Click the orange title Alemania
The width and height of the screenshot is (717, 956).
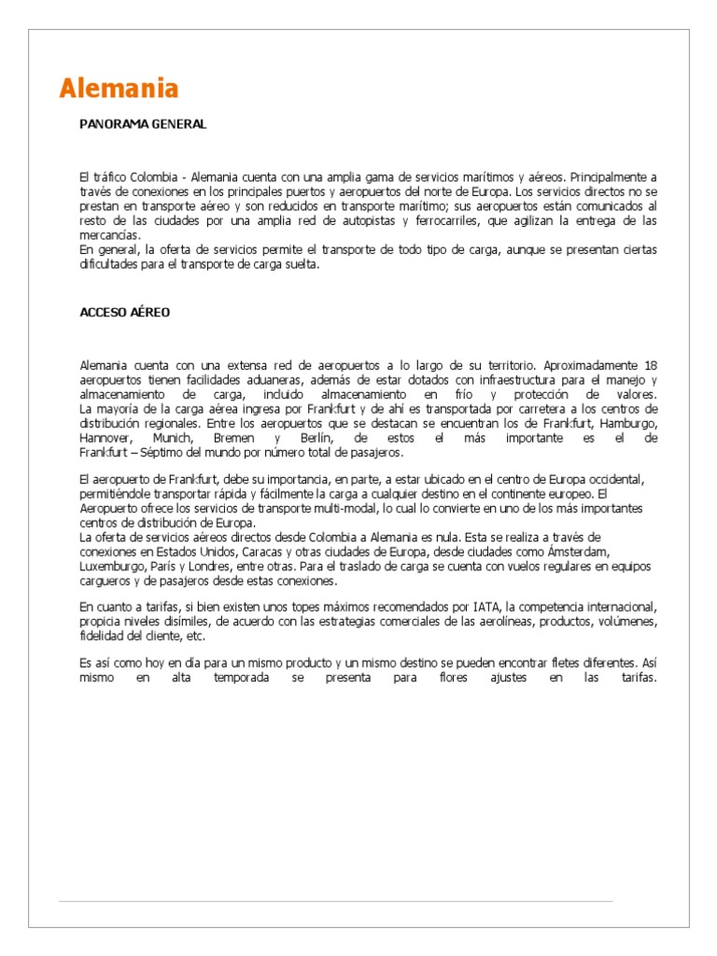[x=118, y=89]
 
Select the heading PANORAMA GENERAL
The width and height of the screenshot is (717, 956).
[x=143, y=123]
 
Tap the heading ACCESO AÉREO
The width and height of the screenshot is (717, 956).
[x=125, y=313]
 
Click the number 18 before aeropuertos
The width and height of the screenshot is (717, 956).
[x=651, y=364]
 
